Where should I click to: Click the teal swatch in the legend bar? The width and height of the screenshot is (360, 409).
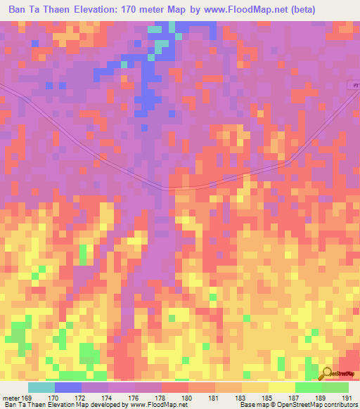[x=41, y=387]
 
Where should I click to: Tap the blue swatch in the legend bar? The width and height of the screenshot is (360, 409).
[x=68, y=387]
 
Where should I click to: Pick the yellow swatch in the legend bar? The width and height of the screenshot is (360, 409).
[x=282, y=387]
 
